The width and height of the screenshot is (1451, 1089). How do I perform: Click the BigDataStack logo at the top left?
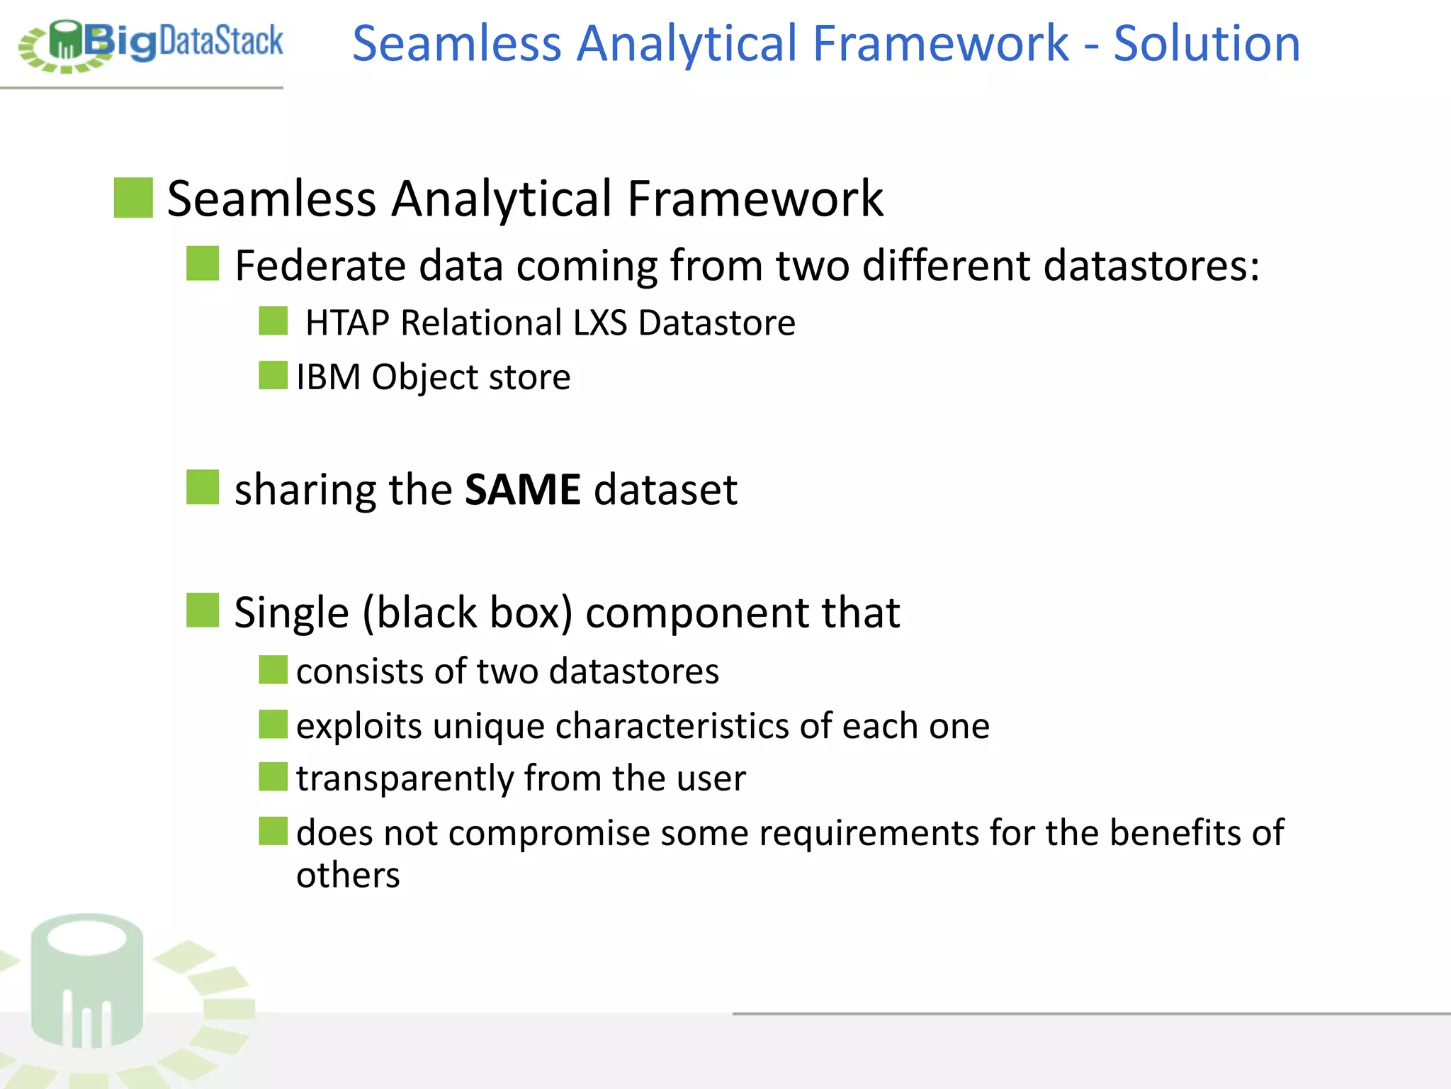coord(150,44)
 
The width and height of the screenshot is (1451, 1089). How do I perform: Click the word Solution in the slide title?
coord(1206,44)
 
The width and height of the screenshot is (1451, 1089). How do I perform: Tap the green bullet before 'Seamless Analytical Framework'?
coord(133,198)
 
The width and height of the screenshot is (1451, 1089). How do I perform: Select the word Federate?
coord(320,266)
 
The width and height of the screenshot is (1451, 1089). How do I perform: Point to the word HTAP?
coord(347,323)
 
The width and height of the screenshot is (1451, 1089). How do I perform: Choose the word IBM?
coord(328,377)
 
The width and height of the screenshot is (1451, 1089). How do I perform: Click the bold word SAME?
coord(522,490)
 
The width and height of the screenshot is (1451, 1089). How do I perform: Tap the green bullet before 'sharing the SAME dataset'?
coord(203,487)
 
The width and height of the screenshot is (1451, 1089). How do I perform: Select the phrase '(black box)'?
coord(467,613)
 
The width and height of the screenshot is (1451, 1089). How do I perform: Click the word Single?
coord(291,613)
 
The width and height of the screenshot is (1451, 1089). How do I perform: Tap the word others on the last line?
coord(348,876)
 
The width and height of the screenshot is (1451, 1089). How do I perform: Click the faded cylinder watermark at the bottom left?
coord(87,982)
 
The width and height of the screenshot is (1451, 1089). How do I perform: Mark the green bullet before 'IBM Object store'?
coord(273,375)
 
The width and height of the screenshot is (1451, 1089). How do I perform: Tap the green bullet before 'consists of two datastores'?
coord(273,669)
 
